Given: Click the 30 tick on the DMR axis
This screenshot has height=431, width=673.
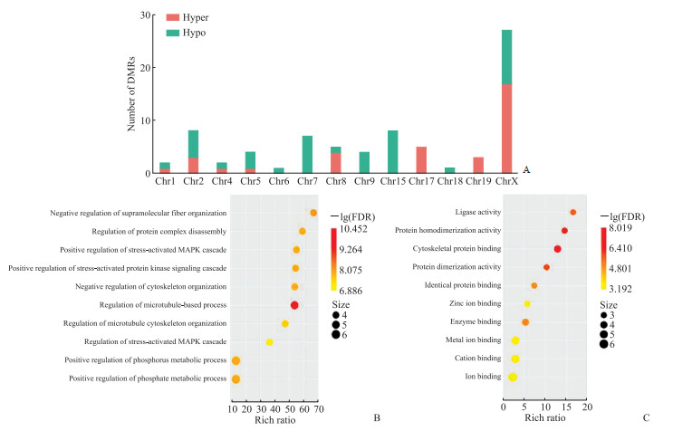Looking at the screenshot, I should point(145,15).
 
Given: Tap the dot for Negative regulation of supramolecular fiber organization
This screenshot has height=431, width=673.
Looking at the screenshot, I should point(313,213).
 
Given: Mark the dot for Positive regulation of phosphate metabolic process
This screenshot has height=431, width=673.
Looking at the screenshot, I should point(236,379).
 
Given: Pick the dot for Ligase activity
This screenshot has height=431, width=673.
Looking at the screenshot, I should point(572,212).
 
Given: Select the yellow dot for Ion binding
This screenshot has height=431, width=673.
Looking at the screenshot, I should point(513,377).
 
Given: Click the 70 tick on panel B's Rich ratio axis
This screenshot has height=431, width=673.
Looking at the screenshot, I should point(318,409).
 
